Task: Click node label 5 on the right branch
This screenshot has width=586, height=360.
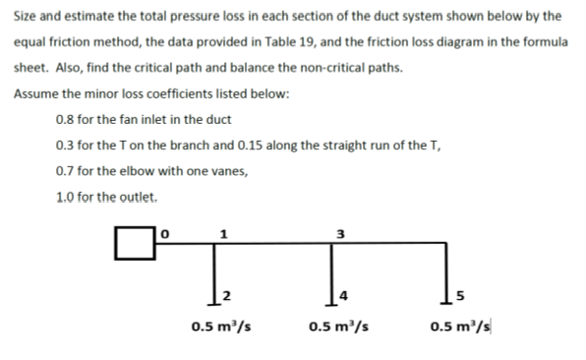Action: [x=457, y=295]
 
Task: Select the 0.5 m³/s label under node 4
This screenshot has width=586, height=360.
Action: [x=336, y=328]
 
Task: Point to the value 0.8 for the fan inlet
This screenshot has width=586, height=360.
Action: [x=69, y=120]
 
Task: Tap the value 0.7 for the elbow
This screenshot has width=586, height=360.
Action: [x=69, y=171]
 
